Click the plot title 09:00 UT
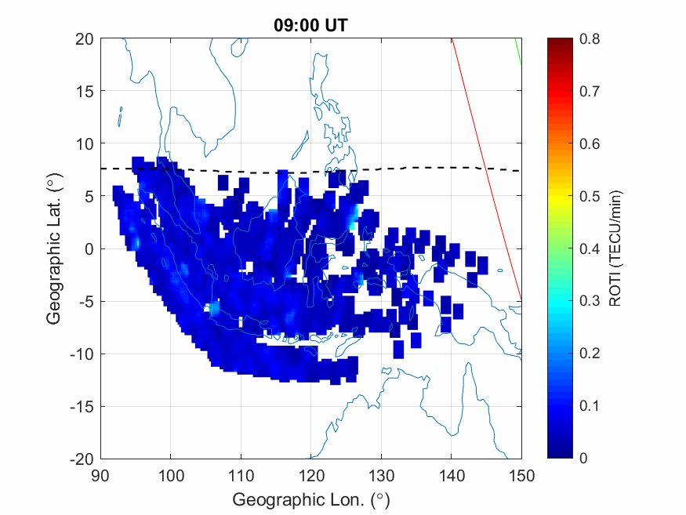(x=310, y=25)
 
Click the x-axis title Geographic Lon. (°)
(x=310, y=499)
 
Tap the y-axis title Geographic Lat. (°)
(x=53, y=249)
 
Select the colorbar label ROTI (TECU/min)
(x=619, y=248)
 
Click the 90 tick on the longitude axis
(x=100, y=474)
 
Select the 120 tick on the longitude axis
(x=311, y=474)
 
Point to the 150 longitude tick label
(x=521, y=474)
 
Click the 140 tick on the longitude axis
(x=452, y=474)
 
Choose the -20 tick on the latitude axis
(x=82, y=459)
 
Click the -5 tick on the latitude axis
(x=85, y=301)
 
